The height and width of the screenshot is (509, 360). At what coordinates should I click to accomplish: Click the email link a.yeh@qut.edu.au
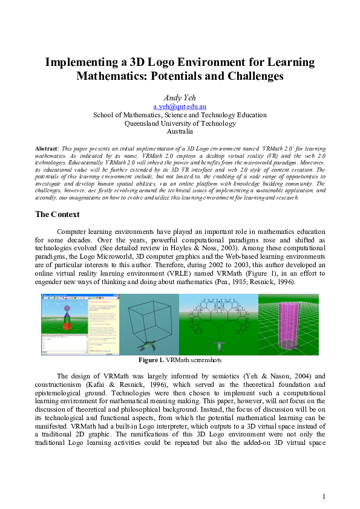(179, 106)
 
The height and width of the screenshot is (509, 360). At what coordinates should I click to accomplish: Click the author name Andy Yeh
(180, 97)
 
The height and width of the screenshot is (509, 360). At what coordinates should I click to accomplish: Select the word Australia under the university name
(180, 131)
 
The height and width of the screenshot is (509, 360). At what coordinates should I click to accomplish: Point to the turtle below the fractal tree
(218, 345)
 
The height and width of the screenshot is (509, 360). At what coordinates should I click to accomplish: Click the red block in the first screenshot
(67, 327)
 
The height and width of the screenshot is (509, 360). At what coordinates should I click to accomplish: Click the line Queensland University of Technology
(180, 123)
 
